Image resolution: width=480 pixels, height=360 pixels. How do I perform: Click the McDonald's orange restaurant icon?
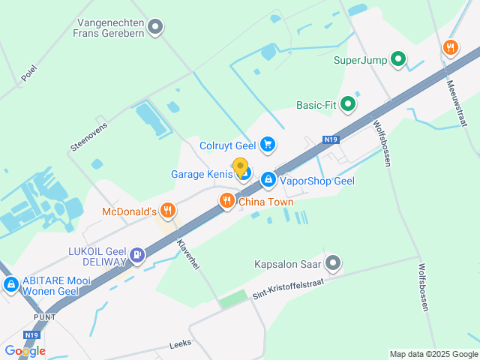pos(168,211)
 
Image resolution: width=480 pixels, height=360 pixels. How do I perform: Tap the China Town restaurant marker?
pos(226,200)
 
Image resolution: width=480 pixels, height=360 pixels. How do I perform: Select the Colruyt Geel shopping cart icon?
pos(268,144)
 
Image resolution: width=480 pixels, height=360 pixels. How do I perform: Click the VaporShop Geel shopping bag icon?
pos(268,180)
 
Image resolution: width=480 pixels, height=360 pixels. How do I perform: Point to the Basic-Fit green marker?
pos(347,105)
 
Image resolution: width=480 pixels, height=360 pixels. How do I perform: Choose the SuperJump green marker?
pos(399,59)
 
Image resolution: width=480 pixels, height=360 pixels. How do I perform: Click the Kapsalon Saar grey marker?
pos(333,263)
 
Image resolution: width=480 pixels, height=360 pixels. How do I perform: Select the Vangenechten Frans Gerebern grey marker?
pos(155,28)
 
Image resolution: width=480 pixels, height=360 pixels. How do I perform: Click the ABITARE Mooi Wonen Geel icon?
pos(11,285)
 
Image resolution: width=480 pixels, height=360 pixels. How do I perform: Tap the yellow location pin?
pos(240,167)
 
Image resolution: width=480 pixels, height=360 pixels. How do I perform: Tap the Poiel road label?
pos(28,73)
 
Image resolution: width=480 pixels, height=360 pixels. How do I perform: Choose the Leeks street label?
pos(181,343)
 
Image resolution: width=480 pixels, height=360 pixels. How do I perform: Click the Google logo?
pos(25,350)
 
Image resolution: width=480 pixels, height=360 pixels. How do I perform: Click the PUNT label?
pos(44,317)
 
